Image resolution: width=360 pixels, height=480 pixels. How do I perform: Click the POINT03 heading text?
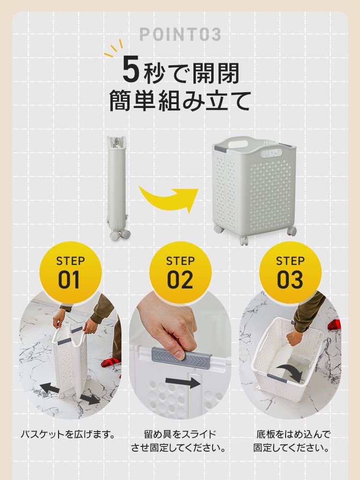[180, 34]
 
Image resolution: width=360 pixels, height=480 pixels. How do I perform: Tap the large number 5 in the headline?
[132, 70]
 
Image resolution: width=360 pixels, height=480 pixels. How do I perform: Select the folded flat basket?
[118, 187]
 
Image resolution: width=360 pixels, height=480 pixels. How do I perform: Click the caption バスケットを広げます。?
[68, 434]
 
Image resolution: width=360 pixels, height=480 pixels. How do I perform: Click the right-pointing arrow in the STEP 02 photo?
[183, 382]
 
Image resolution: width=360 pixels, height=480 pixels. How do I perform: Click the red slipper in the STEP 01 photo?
[111, 362]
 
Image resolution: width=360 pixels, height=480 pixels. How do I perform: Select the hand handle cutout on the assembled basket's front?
[272, 153]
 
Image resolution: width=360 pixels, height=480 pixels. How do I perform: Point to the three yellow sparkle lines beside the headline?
[114, 49]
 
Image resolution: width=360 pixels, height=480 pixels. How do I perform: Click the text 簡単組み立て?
[180, 101]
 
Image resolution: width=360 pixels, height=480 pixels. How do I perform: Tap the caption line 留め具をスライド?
[180, 434]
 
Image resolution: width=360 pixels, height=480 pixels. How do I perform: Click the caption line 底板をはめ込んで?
[293, 434]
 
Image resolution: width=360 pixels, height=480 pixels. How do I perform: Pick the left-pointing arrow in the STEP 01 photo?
[49, 388]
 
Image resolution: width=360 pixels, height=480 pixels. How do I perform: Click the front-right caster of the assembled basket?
[292, 231]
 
